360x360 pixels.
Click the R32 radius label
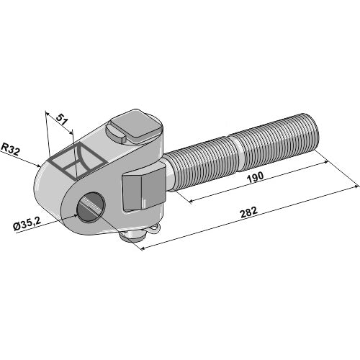point(10,149)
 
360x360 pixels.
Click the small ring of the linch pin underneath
point(153,230)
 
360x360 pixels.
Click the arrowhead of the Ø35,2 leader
point(77,211)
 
